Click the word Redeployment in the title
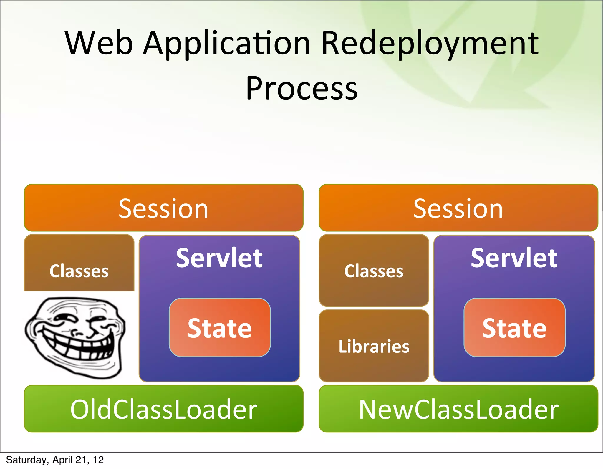click(430, 44)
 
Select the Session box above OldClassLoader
click(163, 208)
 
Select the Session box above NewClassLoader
click(458, 208)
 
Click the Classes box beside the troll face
click(79, 263)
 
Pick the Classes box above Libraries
click(374, 270)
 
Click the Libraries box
click(374, 346)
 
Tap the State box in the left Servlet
click(220, 328)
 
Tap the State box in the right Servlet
click(514, 328)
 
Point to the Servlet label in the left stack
click(219, 258)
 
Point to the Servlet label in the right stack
click(514, 258)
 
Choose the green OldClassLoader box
click(163, 409)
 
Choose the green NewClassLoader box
click(458, 409)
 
